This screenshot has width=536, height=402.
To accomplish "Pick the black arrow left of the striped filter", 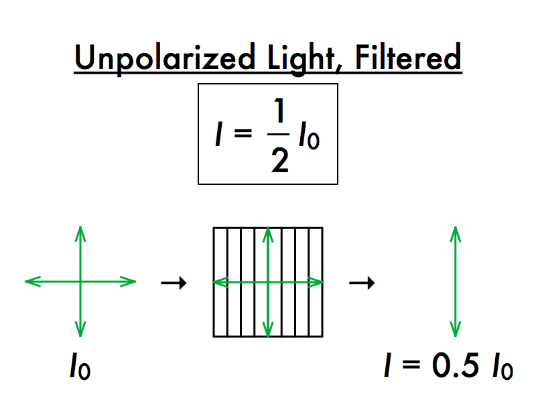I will (174, 283).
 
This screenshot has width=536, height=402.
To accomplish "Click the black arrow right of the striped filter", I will (362, 283).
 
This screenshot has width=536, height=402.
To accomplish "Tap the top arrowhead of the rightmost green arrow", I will (456, 232).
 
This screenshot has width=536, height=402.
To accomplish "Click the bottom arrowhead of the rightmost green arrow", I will (456, 331).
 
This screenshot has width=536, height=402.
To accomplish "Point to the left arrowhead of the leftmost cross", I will (31, 282).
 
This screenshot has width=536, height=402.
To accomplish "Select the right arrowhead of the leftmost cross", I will (130, 282).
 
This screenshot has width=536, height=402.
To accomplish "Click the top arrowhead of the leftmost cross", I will (80, 232).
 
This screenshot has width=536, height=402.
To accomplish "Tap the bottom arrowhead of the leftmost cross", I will (80, 331).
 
